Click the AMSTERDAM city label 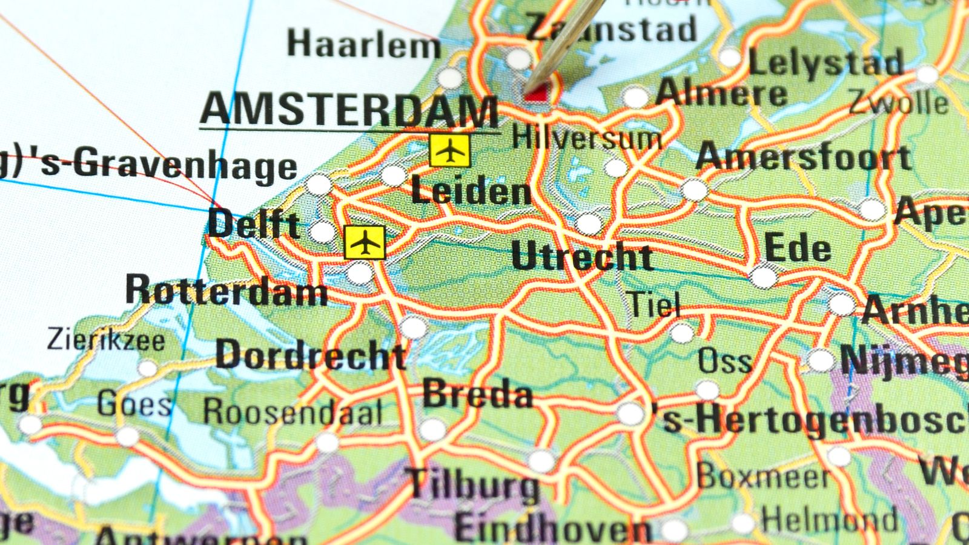pos(349,110)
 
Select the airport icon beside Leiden pos(449,151)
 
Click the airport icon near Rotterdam pos(365,243)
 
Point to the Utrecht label pos(581,256)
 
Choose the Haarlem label pos(363,44)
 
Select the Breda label pos(477,394)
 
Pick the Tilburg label pos(474,484)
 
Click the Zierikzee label pos(106,340)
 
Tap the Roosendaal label pos(293,412)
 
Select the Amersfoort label pos(804,157)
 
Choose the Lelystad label pos(826,62)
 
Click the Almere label pos(721,94)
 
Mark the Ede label pos(797,248)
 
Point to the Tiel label pos(653,304)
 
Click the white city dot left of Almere pos(635,97)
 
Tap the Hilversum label pos(586,139)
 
